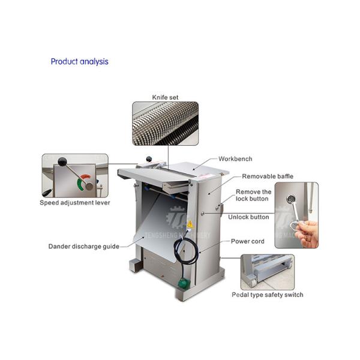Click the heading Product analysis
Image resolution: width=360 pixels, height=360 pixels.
tap(79, 62)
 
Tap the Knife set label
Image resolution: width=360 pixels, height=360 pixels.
tap(165, 97)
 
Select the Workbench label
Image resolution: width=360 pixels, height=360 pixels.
tap(235, 159)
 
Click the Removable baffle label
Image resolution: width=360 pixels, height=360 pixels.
tap(268, 176)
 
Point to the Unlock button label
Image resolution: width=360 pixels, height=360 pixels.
tap(248, 217)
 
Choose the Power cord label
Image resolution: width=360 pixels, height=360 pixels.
tap(247, 241)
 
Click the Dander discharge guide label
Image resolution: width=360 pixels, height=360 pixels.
tap(84, 247)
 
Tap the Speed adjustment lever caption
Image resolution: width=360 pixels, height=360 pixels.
tap(75, 203)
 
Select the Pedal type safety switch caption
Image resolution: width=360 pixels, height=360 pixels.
tap(268, 295)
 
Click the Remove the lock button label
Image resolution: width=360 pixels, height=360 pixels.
tap(253, 195)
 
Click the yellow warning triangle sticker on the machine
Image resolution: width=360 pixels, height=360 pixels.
tap(190, 224)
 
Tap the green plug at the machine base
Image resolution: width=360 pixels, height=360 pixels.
tap(184, 283)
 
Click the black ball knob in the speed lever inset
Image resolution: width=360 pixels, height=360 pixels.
tap(62, 161)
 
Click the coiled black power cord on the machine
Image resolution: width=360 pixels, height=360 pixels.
tap(185, 251)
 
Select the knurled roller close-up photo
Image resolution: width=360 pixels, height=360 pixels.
tap(166, 124)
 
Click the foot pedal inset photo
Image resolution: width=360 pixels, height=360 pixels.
tap(268, 272)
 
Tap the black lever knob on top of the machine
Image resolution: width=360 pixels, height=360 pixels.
tap(149, 158)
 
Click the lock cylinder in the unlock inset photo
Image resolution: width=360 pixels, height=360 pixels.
tap(291, 199)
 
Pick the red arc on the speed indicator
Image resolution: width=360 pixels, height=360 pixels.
tap(86, 177)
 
